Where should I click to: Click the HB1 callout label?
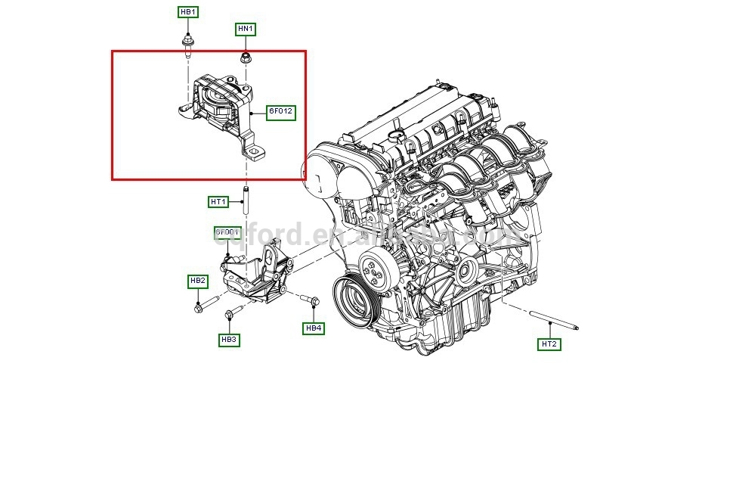(188, 12)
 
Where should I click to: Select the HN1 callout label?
(246, 30)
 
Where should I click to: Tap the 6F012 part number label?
(280, 112)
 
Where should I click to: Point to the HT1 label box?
(218, 202)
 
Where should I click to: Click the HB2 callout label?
(197, 281)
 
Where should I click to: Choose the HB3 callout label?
(229, 340)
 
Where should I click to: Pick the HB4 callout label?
(314, 328)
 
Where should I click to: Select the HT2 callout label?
(549, 344)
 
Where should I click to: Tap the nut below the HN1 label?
(246, 57)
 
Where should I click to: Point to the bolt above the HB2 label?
(200, 306)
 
